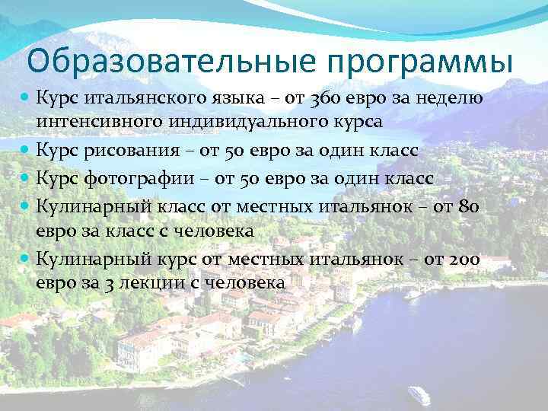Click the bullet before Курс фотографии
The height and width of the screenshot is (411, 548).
point(27,178)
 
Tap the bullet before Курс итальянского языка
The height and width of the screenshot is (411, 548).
point(27,99)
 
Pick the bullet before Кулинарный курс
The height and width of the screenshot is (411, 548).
point(27,260)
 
